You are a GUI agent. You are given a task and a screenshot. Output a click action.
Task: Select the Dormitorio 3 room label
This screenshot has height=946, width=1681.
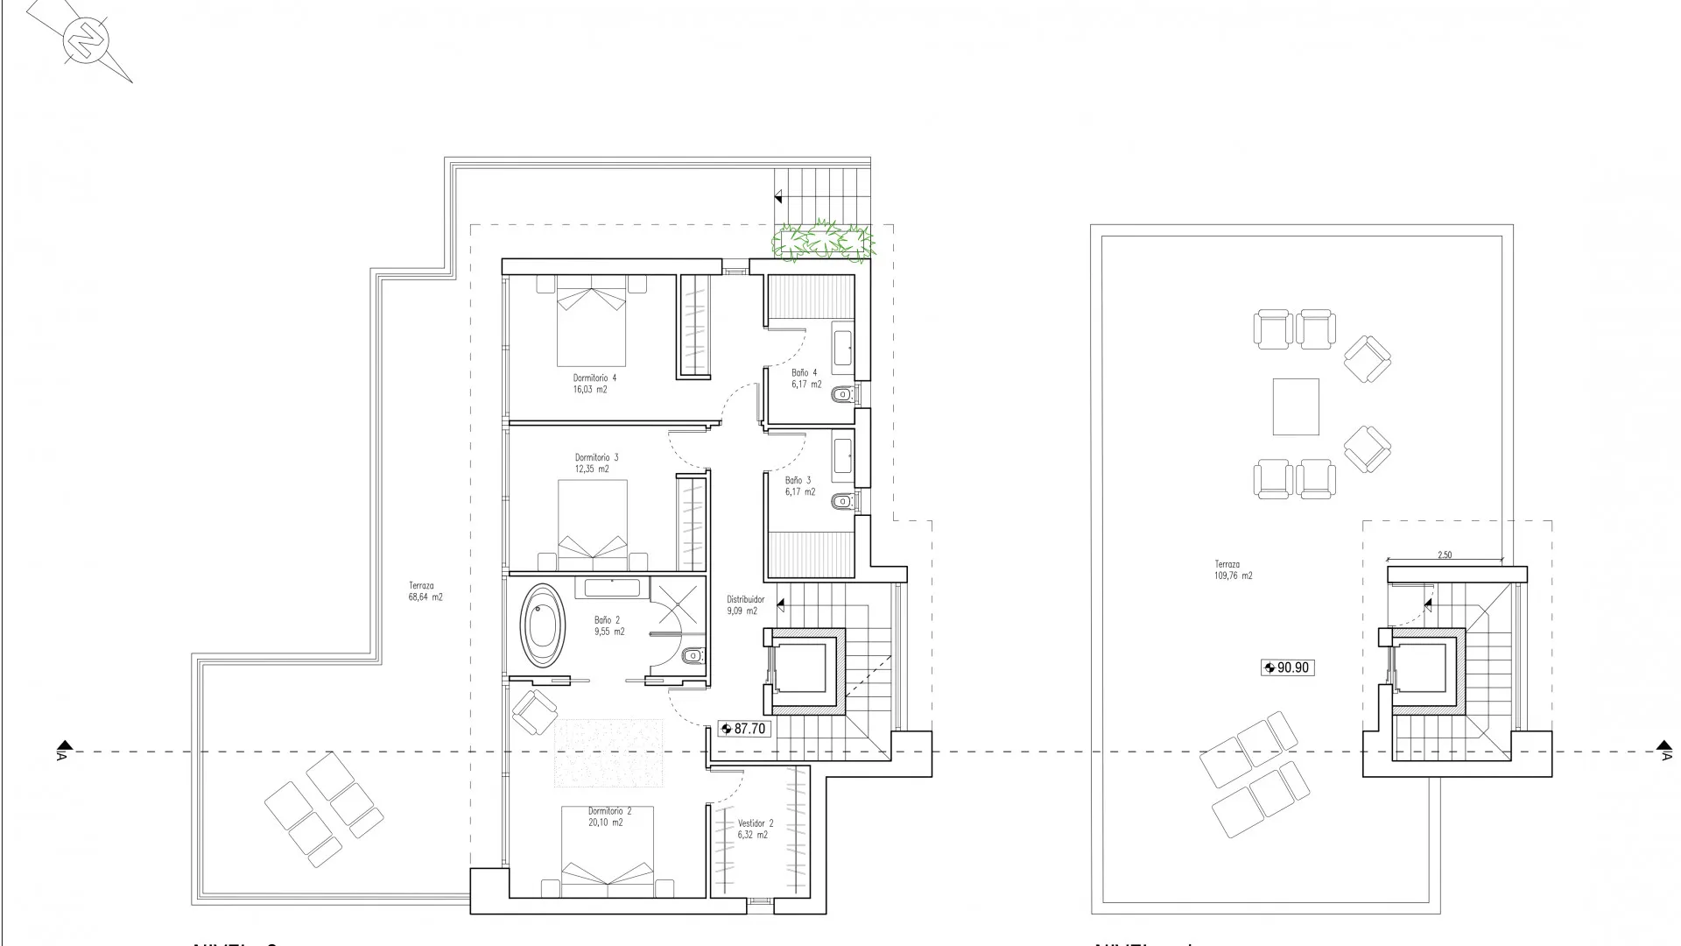pos(596,462)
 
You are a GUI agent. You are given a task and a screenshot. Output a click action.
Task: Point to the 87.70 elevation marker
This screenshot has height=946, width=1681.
pos(744,729)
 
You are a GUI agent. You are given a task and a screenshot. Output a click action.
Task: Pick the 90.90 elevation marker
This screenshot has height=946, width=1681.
pos(1287,667)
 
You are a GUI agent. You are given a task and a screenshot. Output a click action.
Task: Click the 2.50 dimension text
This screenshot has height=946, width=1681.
pos(1445,554)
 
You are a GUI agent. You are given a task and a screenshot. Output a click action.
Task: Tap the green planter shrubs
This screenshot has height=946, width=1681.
pos(822,240)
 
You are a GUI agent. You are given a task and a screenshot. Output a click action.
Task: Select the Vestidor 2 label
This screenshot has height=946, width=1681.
pos(755,829)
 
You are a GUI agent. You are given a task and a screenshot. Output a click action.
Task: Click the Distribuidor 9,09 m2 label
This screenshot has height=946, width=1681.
pos(745,605)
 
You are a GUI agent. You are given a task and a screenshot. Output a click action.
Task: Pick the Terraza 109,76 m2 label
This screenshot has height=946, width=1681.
pos(1233,570)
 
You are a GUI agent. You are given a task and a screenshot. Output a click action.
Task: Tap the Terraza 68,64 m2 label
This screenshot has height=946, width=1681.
pos(425,591)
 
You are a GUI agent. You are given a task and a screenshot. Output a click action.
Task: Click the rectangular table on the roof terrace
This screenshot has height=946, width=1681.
pos(1296,406)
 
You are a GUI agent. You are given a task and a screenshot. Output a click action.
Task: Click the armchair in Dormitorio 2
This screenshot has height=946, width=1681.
pos(534,710)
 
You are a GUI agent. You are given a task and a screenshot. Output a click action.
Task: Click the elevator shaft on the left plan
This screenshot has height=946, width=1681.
pos(803,667)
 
